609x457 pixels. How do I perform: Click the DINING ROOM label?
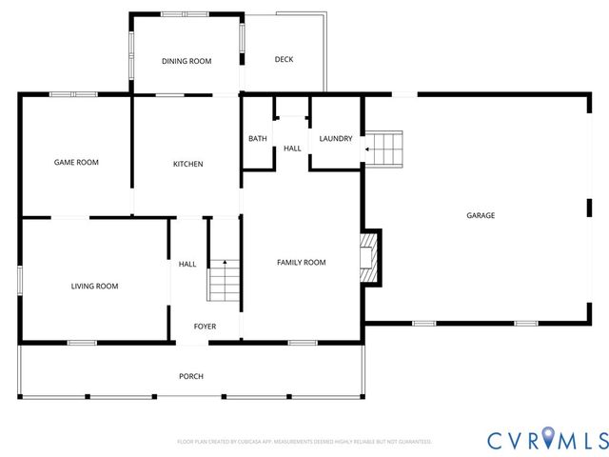click(x=187, y=61)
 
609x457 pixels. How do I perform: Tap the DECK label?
click(x=284, y=60)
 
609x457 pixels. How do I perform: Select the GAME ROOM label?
click(x=75, y=162)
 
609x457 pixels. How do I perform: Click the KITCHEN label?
click(x=187, y=164)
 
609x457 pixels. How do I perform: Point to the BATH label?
click(x=258, y=139)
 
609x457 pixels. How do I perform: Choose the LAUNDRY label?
click(x=336, y=139)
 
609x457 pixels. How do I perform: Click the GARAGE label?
click(x=481, y=215)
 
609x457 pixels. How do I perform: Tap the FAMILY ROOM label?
click(x=302, y=262)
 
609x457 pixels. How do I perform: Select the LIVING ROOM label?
click(x=94, y=286)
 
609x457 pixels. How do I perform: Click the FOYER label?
click(x=205, y=327)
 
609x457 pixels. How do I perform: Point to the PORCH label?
click(x=191, y=376)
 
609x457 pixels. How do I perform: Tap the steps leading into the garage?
click(x=386, y=149)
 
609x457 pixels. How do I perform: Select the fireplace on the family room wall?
click(x=369, y=257)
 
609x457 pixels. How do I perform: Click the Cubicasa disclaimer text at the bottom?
click(x=304, y=442)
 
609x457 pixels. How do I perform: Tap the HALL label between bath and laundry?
click(x=292, y=148)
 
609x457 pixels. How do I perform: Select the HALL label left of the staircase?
click(x=187, y=265)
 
